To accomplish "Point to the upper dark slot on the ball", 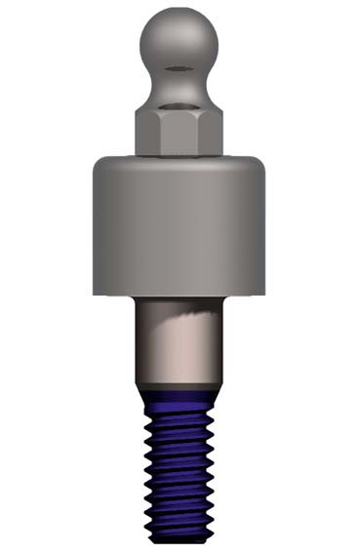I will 178,68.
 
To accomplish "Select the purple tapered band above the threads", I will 178,396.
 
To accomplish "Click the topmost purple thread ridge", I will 178,411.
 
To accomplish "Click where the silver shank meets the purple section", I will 178,387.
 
